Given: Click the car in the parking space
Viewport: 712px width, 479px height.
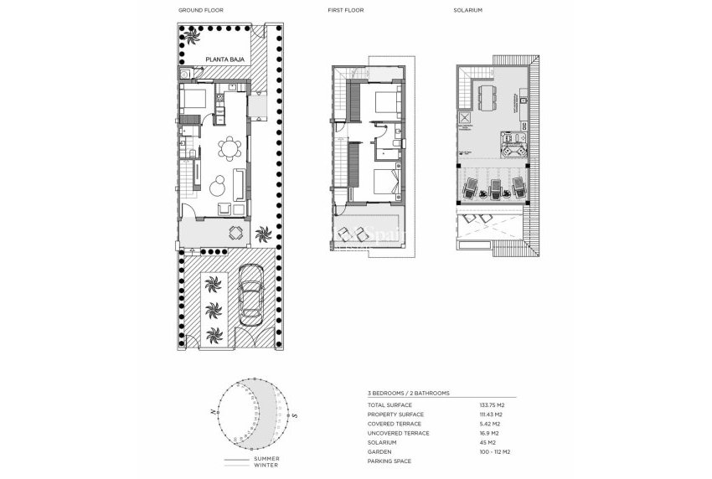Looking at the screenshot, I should tap(250, 294).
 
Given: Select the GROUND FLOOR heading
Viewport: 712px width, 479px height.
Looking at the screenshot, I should tap(201, 11).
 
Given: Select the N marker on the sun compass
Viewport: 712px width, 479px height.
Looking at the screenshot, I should tap(215, 411).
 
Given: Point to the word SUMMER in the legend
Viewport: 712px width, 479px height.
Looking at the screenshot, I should tap(266, 460).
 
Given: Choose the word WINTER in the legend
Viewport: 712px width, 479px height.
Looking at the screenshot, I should tap(266, 466).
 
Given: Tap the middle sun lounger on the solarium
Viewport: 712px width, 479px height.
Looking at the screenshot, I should tap(495, 188).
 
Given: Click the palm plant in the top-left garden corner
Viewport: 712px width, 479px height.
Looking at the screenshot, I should tap(192, 37).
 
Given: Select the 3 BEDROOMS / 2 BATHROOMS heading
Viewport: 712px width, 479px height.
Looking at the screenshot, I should tap(409, 392).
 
